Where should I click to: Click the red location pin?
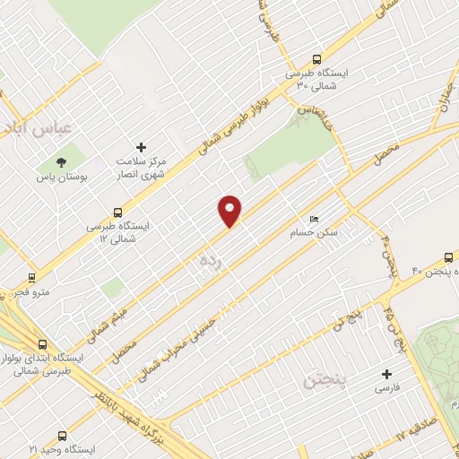click(230, 210)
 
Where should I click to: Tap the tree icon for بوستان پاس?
click(61, 162)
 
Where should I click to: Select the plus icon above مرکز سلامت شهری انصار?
click(140, 147)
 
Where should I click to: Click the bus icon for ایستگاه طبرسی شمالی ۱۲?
click(118, 212)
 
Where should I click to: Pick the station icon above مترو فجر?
click(32, 277)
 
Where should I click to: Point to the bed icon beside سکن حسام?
click(313, 218)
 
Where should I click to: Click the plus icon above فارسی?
click(387, 374)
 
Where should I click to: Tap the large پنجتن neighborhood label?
click(310, 381)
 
